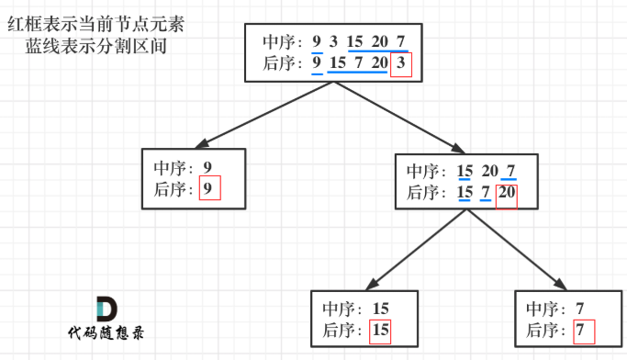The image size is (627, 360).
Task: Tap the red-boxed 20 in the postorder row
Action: pos(506,194)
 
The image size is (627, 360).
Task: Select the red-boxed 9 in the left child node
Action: pos(210,190)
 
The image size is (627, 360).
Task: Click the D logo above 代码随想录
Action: pos(106,309)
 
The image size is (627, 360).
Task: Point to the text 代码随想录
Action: pos(106,334)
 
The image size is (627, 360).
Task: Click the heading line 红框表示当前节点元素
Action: pos(95,25)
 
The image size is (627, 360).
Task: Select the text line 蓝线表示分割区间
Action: pos(95,45)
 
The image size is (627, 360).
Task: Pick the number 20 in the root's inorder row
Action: pos(379,41)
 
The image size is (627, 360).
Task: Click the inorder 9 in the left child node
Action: pos(208,168)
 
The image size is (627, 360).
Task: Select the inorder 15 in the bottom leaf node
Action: pos(380,309)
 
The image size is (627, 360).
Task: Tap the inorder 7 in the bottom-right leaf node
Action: pos(578,309)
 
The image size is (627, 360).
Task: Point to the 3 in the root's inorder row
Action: pos(333,41)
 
